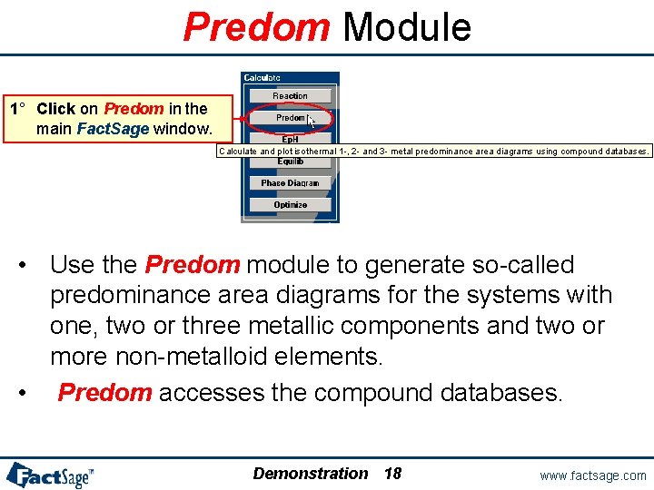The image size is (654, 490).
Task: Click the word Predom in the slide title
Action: [256, 27]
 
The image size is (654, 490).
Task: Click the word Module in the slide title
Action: [406, 27]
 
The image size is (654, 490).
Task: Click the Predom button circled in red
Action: [290, 118]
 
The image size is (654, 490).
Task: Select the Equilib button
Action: [290, 162]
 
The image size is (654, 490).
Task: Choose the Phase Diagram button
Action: [290, 183]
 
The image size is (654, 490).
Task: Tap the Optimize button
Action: [290, 205]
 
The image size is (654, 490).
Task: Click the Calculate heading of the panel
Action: [263, 78]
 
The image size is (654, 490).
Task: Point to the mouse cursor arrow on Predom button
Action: [311, 121]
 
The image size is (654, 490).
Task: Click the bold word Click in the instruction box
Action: [56, 109]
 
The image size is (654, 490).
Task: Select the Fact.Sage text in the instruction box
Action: [113, 129]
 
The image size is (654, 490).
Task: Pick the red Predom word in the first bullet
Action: [192, 266]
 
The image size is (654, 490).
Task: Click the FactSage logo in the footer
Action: [50, 475]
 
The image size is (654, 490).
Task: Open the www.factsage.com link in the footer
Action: [592, 475]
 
